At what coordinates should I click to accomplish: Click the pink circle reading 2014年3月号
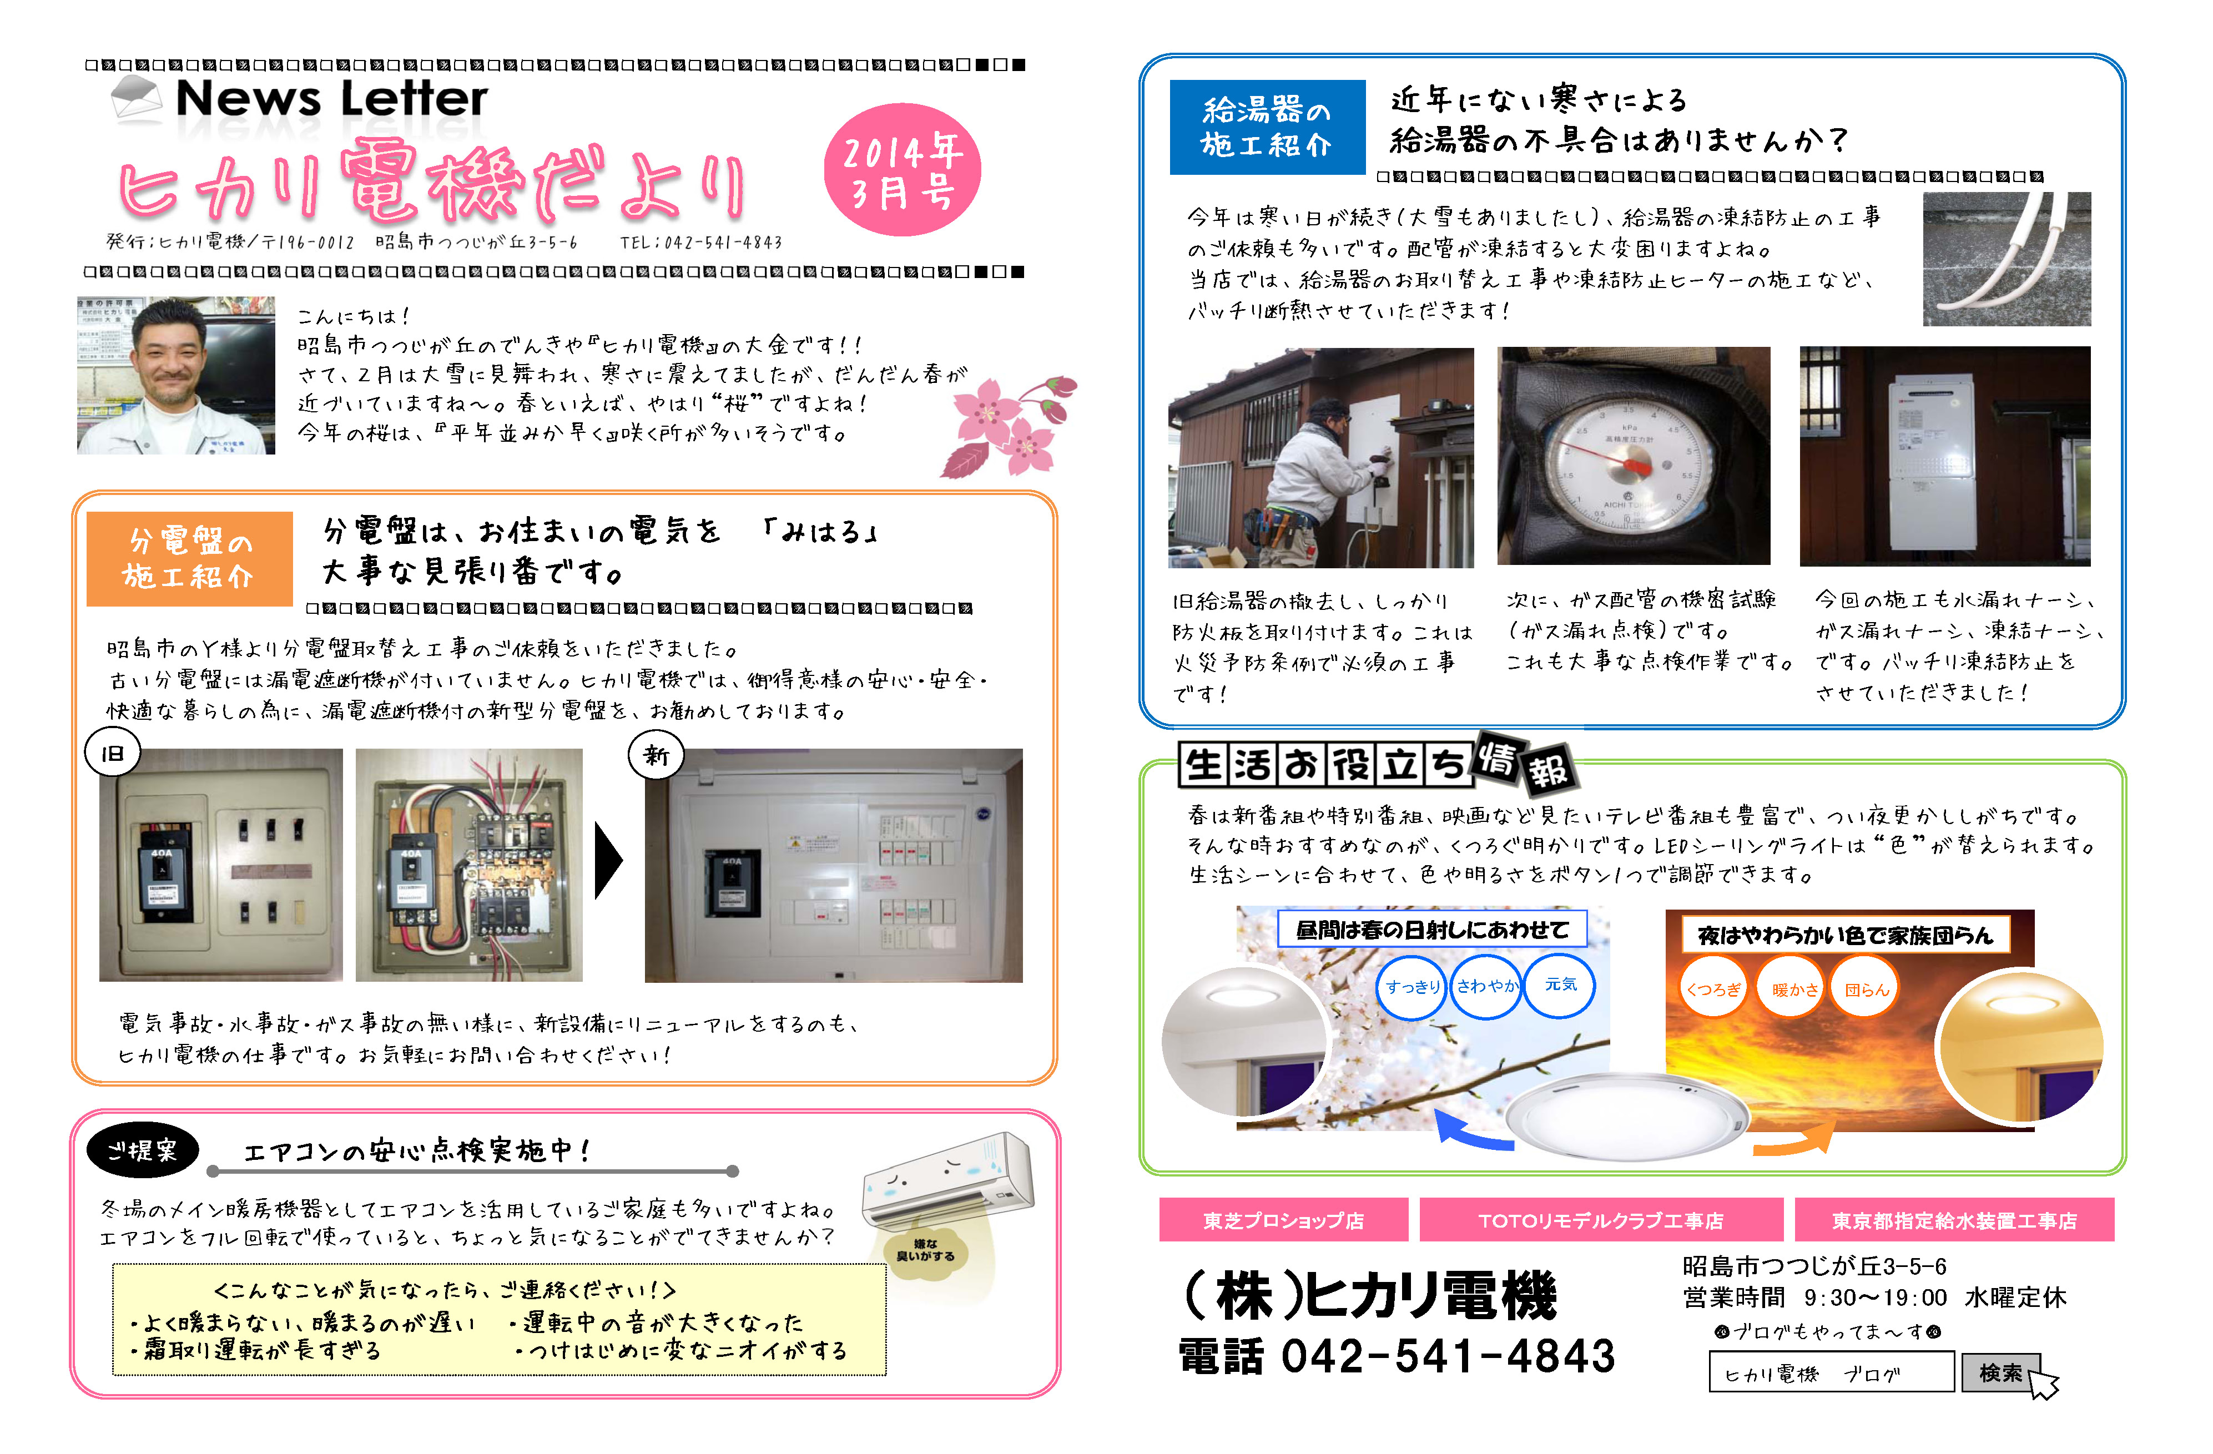[902, 169]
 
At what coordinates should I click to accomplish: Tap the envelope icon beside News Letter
[136, 99]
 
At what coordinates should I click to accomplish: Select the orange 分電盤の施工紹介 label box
[189, 559]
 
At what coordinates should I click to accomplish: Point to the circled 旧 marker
[113, 753]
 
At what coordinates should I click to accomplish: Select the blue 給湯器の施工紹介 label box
[1267, 128]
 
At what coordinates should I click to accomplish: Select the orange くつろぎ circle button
[1713, 989]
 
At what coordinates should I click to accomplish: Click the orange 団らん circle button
[1866, 989]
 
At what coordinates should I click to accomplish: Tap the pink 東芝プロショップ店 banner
[1283, 1220]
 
